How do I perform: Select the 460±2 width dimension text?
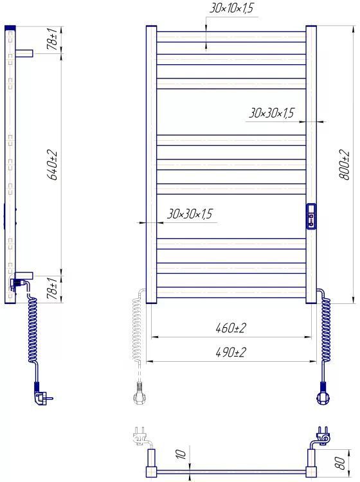[x=231, y=328]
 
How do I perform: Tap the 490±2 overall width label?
[x=231, y=352]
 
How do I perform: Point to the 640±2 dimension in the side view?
[x=51, y=165]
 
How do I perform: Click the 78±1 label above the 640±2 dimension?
[x=51, y=39]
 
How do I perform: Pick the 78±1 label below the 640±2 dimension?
[x=51, y=288]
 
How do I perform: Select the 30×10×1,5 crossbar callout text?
[x=231, y=8]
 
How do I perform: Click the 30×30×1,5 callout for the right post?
[x=271, y=113]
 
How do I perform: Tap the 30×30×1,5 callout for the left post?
[x=190, y=213]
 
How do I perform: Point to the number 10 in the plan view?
[x=181, y=454]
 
